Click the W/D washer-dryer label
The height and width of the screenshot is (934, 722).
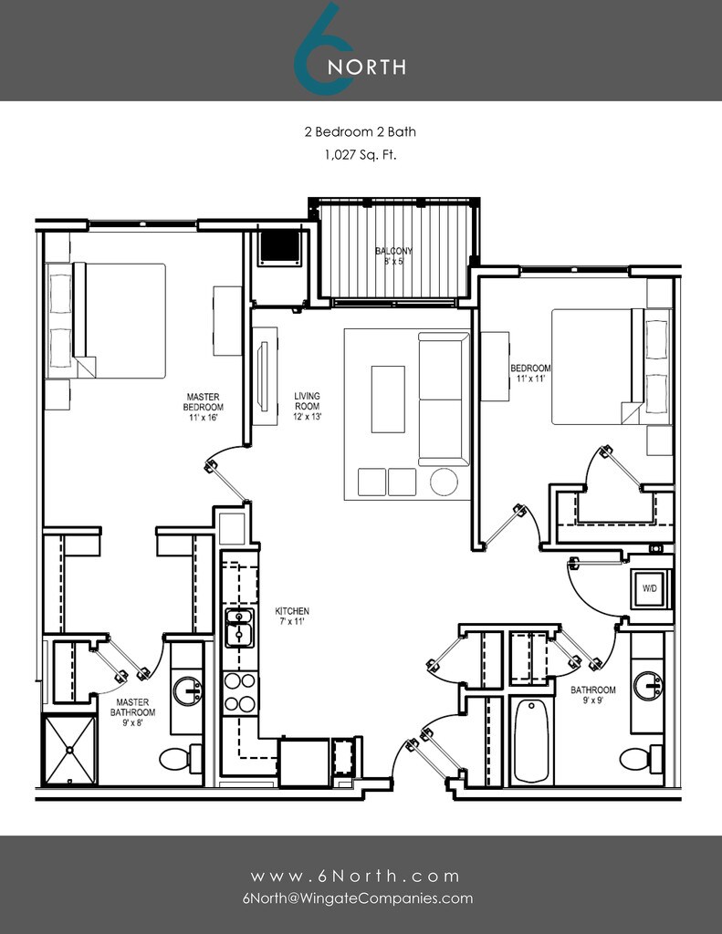pos(650,588)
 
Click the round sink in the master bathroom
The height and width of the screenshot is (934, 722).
pos(189,690)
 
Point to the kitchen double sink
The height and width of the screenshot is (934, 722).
pos(240,628)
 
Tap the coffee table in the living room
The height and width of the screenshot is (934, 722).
pos(388,399)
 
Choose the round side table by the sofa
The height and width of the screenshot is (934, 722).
pos(445,481)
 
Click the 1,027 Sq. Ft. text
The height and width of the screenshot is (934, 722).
pos(360,155)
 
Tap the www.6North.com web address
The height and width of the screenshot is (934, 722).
pos(357,876)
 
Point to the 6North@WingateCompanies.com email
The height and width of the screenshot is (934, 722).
pos(358,898)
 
